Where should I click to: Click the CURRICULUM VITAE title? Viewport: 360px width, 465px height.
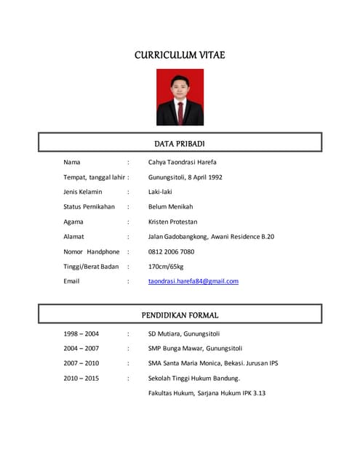coord(180,55)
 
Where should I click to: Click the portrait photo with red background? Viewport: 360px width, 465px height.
coord(180,97)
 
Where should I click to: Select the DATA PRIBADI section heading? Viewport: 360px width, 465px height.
coord(180,144)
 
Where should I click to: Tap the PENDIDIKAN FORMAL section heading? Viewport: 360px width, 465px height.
coord(180,315)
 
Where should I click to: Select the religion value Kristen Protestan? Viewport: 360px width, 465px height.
coord(172,222)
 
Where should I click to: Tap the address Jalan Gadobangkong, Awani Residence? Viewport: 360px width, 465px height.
coord(211,236)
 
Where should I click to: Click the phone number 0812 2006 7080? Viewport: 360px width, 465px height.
coord(171,251)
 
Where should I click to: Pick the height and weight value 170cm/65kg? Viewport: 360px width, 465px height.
coord(165,266)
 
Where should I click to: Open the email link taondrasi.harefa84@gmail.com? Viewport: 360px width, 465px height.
coord(193,281)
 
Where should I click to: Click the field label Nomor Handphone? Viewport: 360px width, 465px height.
coord(91,251)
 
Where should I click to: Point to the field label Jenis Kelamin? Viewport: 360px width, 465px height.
coord(83,192)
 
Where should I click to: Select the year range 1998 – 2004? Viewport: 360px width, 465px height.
coord(81,334)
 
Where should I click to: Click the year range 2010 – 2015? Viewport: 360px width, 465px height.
coord(81,379)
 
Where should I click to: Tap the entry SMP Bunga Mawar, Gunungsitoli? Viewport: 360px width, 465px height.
coord(195,349)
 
